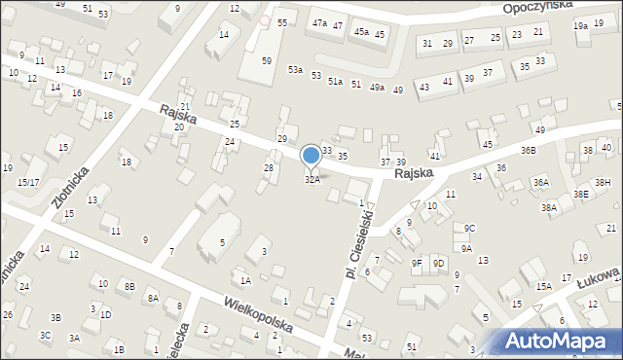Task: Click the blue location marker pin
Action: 311,156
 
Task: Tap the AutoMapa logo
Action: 558,341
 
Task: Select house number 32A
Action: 312,180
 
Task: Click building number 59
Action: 267,60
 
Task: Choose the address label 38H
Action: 603,182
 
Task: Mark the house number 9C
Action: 469,229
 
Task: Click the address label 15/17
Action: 27,182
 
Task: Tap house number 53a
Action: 295,70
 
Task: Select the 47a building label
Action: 319,22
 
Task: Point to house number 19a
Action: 580,26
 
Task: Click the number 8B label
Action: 128,286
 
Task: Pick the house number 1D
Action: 105,315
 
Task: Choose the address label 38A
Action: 549,207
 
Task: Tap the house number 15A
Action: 543,286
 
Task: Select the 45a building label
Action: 361,32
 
